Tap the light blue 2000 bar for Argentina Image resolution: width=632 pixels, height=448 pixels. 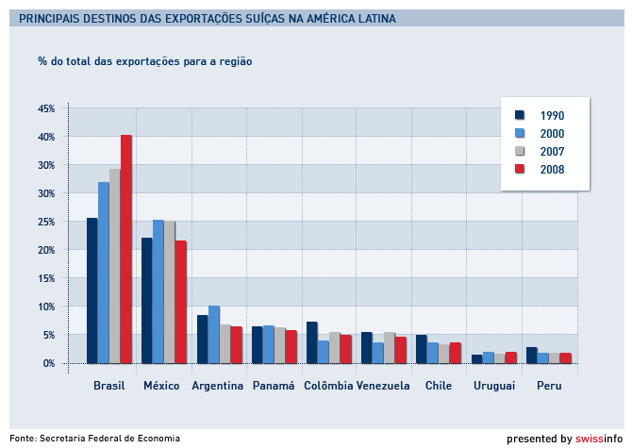214,334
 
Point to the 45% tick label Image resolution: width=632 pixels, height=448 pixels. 46,108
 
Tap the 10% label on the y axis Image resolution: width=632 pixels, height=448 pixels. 46,307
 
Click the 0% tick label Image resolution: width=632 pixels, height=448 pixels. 49,363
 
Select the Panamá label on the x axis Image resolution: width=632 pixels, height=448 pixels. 274,386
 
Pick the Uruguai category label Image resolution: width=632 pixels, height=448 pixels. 493,386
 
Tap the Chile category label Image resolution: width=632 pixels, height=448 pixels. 439,386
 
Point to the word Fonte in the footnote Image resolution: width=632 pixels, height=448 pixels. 22,439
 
